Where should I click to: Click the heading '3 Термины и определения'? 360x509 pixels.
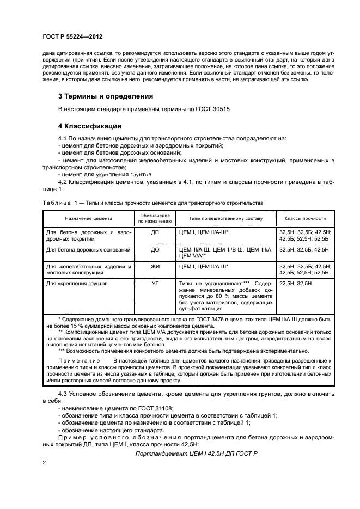coord(105,96)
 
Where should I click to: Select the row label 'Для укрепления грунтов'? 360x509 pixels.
coord(77,284)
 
